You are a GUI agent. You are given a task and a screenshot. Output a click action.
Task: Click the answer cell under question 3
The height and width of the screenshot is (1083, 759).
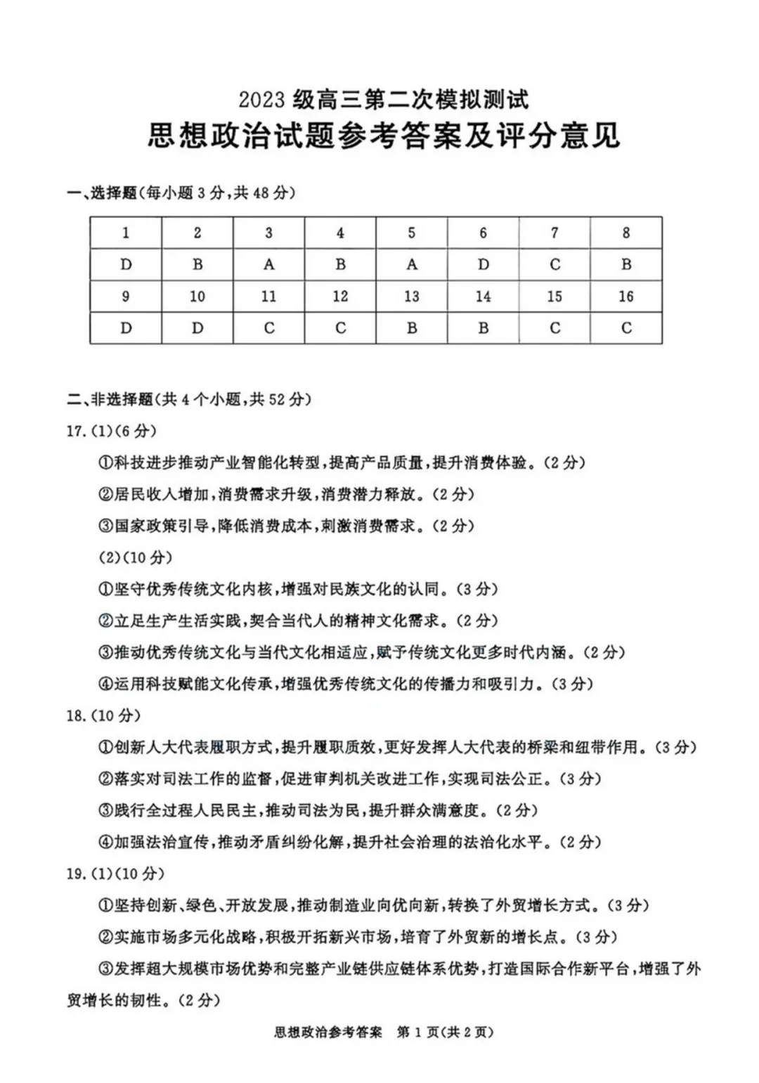point(268,265)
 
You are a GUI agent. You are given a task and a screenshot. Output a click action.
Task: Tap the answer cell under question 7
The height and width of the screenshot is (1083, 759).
point(554,265)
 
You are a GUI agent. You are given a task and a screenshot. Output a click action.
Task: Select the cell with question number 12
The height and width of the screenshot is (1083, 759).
point(340,297)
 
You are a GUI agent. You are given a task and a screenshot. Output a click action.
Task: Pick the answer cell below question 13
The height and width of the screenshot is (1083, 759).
point(412,328)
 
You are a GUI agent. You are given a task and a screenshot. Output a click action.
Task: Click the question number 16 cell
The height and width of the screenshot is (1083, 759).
point(625,297)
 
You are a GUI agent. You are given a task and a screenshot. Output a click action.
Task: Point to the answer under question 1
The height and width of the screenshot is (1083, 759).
point(126,265)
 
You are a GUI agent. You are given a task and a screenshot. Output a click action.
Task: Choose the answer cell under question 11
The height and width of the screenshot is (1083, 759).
point(268,328)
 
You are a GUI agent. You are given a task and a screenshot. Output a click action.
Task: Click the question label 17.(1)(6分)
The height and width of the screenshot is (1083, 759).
point(112,431)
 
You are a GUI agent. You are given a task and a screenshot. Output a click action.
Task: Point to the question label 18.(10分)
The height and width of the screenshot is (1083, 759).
point(103,715)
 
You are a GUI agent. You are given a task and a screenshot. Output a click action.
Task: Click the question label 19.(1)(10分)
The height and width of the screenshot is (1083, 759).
point(115,874)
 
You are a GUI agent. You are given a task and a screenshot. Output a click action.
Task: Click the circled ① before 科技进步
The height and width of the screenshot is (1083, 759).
point(106,462)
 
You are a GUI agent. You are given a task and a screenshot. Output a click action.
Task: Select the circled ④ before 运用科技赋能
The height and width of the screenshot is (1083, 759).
point(106,684)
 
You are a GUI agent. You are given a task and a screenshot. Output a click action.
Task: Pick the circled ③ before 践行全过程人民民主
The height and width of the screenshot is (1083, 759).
point(106,810)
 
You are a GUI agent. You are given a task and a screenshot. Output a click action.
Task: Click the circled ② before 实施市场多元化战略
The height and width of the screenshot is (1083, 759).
point(106,937)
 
